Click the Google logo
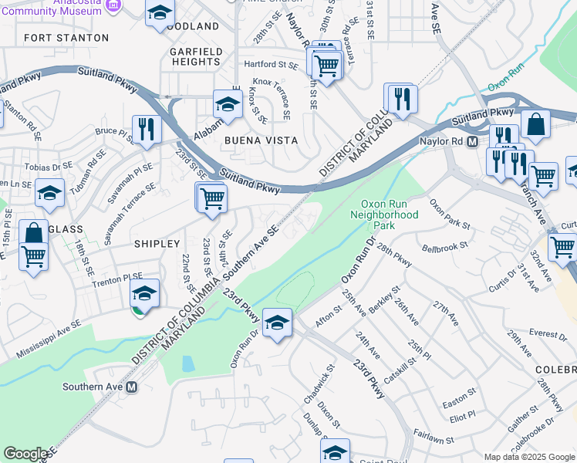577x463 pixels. click(x=26, y=454)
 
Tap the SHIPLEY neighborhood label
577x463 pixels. click(x=157, y=243)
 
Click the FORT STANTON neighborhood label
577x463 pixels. click(x=66, y=37)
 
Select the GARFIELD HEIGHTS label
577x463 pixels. click(x=196, y=56)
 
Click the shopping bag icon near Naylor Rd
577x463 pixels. click(x=535, y=124)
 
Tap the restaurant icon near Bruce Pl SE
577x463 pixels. click(x=144, y=130)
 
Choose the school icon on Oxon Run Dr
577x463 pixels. click(x=277, y=322)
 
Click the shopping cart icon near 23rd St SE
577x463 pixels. click(x=211, y=198)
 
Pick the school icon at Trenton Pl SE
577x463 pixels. click(x=144, y=293)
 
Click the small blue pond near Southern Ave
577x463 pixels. click(x=187, y=363)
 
